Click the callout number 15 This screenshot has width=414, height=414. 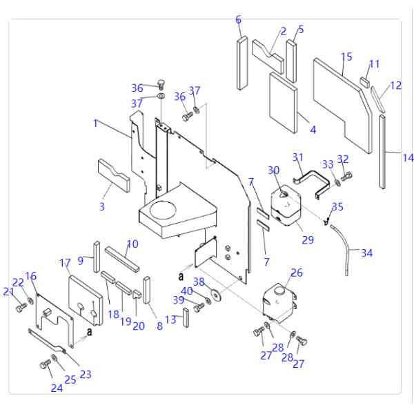tap(346, 56)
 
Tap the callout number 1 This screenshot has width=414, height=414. tap(96, 124)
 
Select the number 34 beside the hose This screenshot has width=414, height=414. tap(366, 253)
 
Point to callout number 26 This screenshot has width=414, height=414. tap(297, 273)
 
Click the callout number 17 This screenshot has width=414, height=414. tap(66, 263)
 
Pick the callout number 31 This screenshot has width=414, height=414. tap(298, 157)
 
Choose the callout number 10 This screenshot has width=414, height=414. tap(132, 244)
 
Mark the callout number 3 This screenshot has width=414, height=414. tap(101, 207)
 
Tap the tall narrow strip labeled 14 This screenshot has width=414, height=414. tap(382, 152)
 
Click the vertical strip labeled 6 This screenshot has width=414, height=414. tap(241, 63)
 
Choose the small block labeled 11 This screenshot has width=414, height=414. tap(365, 81)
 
